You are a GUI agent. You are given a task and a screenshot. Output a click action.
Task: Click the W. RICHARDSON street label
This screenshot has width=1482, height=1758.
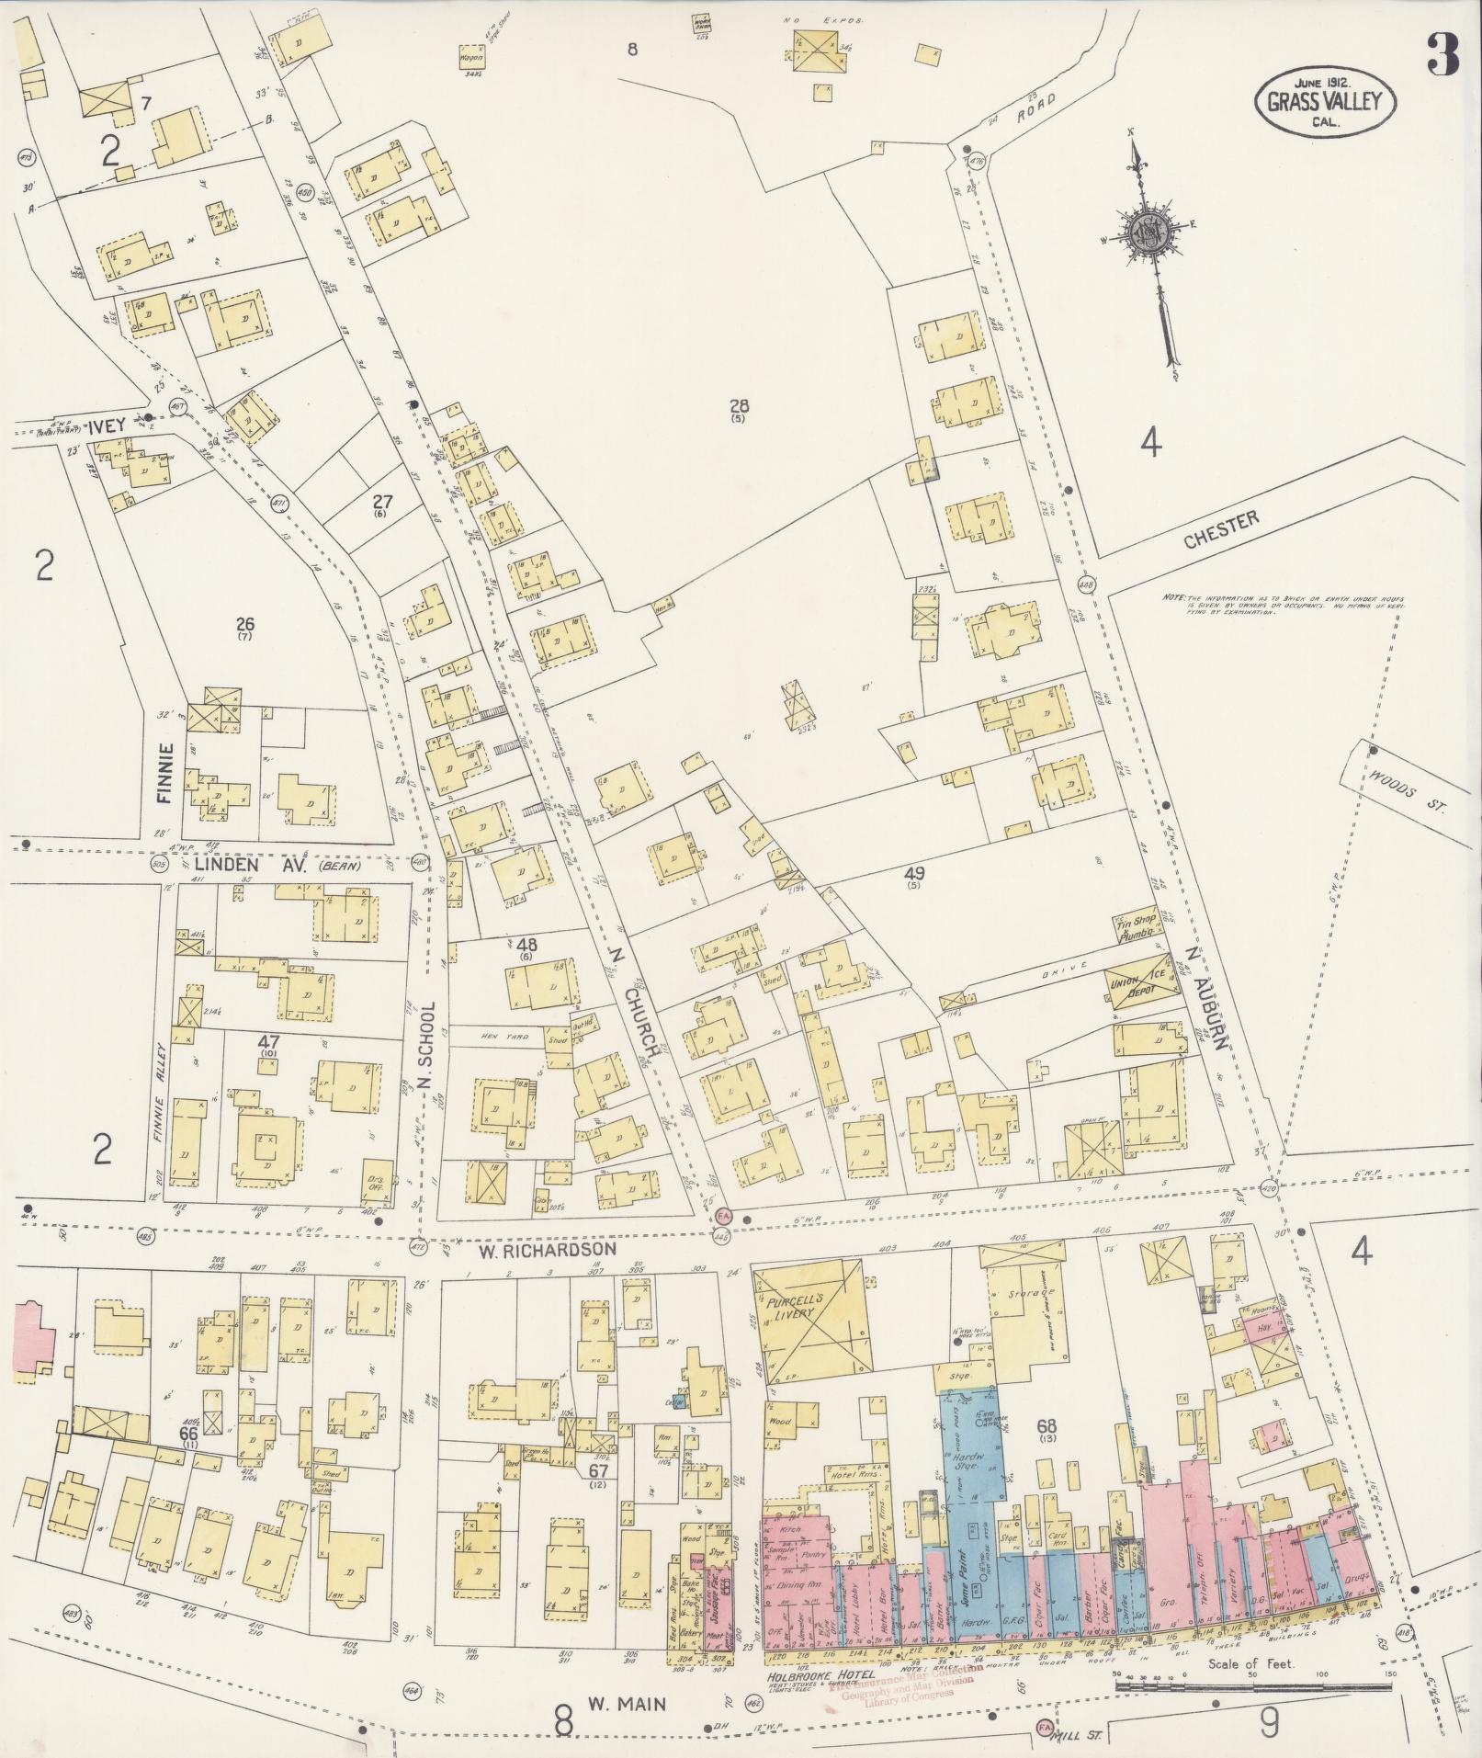point(534,1251)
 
